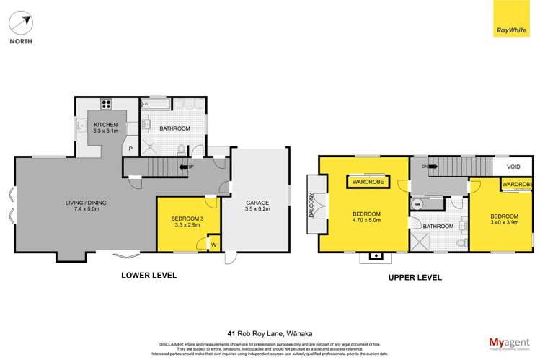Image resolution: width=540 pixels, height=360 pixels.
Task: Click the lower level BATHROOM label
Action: tap(175, 128)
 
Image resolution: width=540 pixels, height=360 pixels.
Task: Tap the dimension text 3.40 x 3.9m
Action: tap(504, 224)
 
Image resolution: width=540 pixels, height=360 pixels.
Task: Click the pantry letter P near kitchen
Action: tap(130, 150)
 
